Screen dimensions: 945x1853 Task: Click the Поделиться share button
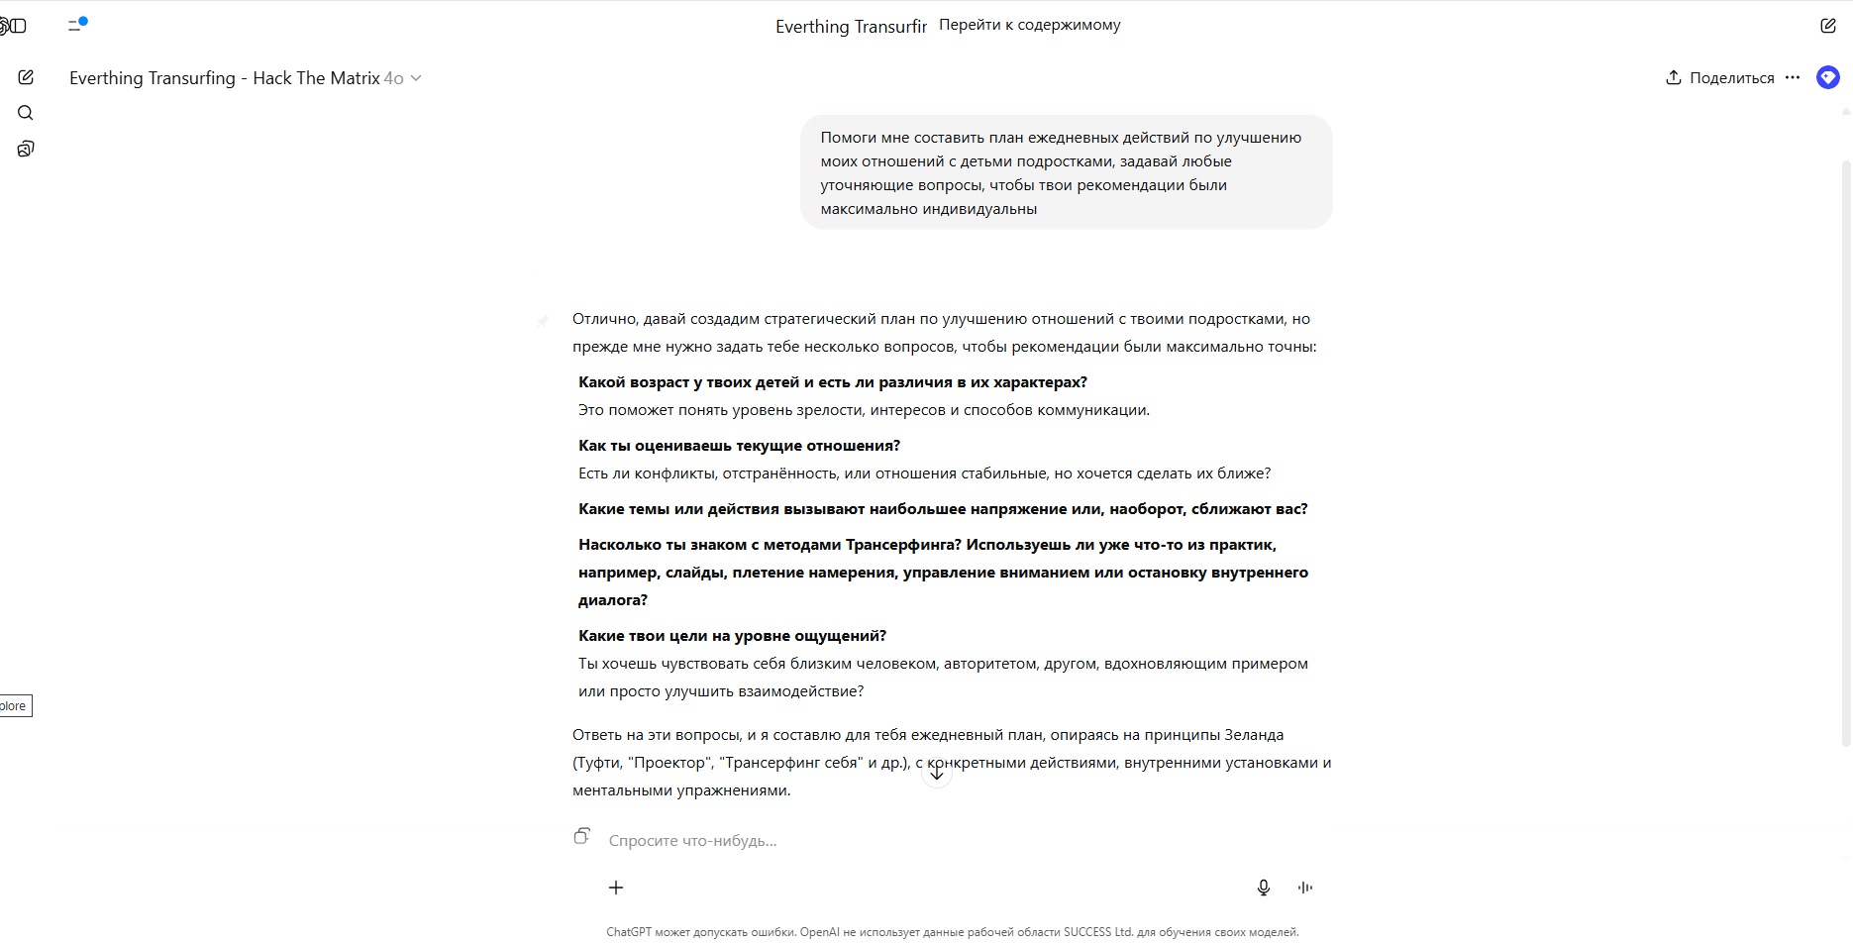pos(1720,78)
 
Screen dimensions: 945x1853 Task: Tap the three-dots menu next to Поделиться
pos(1793,77)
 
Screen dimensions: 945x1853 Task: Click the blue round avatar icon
pos(1827,77)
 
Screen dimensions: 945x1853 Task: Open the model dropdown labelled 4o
pos(403,78)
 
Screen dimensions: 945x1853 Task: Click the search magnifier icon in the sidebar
pos(26,113)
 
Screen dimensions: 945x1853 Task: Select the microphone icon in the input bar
pos(1263,888)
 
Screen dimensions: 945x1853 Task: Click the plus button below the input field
pos(616,888)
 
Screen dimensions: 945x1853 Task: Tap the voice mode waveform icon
pos(1305,888)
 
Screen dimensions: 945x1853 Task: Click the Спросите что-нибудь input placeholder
pos(692,841)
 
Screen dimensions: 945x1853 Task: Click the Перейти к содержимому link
pos(1029,25)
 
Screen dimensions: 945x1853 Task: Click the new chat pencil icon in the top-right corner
pos(1827,26)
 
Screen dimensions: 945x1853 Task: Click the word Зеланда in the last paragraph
pos(1254,735)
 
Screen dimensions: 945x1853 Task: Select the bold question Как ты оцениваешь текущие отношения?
pos(739,446)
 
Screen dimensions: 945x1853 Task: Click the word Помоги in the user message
pos(848,138)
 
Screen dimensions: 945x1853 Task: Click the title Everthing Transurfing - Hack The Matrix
pos(224,78)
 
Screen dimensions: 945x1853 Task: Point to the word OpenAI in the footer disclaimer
pos(819,932)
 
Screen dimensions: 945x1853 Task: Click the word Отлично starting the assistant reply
pos(603,319)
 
